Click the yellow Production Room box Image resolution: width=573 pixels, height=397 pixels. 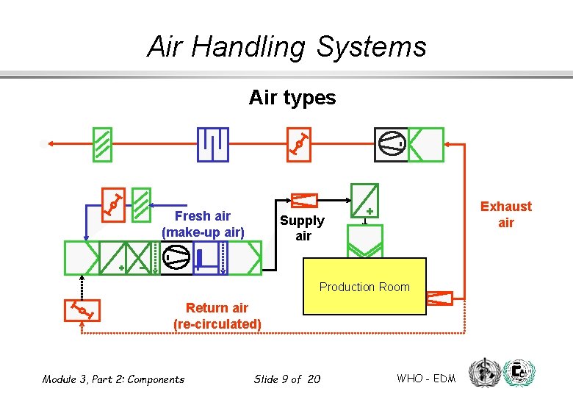point(364,287)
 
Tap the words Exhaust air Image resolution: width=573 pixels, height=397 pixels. point(505,215)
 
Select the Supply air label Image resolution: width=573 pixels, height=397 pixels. point(302,228)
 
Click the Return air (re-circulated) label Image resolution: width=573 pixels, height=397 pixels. point(217,316)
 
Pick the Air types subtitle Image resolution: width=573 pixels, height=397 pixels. point(292,98)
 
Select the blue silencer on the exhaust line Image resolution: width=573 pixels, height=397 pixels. point(213,145)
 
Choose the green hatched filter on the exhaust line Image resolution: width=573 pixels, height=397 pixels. point(103,145)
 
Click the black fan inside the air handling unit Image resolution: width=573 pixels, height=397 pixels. point(176,258)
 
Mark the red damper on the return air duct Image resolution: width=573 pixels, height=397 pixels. point(82,311)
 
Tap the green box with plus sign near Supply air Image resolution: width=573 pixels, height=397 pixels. point(364,201)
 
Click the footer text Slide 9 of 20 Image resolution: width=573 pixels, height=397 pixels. point(287,379)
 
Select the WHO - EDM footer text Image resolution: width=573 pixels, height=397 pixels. point(426,379)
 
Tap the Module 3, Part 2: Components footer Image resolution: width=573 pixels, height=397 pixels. point(113,379)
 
